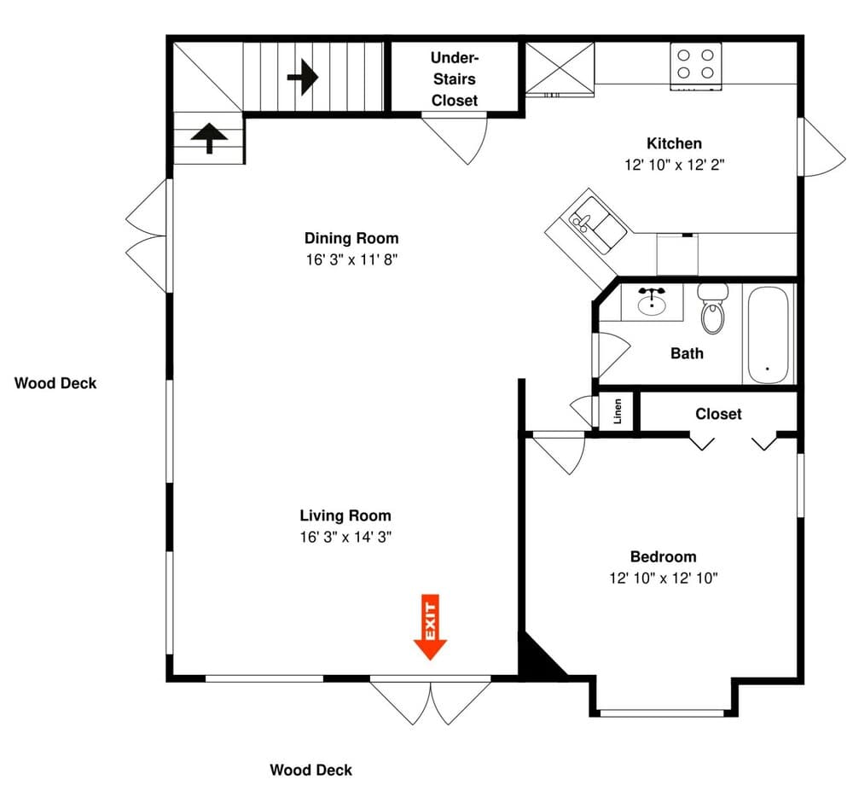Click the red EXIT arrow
pos(430,626)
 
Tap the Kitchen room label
pos(674,143)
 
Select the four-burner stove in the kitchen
pos(696,67)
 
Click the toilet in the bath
pos(712,308)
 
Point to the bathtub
pos(768,335)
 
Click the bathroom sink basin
pos(652,304)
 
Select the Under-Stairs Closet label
pos(455,79)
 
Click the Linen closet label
pos(618,411)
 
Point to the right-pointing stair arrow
pos(303,78)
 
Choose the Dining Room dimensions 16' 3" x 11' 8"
pos(351,259)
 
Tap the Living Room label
pos(345,515)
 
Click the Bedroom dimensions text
pos(663,578)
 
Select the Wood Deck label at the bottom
pos(311,770)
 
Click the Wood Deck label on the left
pos(55,383)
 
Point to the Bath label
pos(687,353)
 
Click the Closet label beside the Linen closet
pos(718,414)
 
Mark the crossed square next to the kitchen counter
pos(560,68)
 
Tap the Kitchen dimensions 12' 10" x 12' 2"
pos(675,165)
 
